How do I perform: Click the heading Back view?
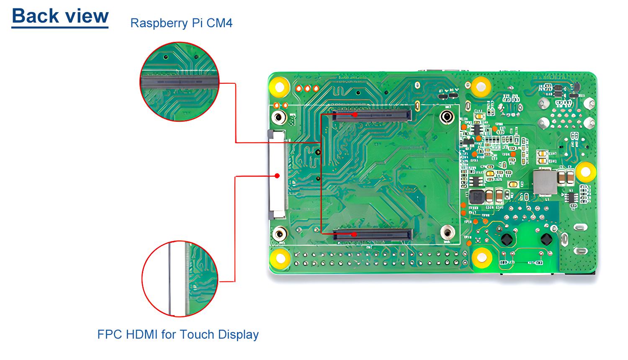coord(60,16)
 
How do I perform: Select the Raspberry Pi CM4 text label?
coord(181,23)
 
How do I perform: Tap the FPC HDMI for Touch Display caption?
coord(178,334)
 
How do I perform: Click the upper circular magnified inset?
coord(179,82)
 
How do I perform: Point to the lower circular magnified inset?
coord(180,279)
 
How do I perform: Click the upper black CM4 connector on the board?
coord(372,115)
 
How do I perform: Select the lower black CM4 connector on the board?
coord(373,234)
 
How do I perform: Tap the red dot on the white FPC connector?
coord(277,176)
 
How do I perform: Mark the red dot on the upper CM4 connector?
coord(355,114)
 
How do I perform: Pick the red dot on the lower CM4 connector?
coord(354,234)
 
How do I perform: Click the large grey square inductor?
coord(545,182)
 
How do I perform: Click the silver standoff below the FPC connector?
coord(279,234)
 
